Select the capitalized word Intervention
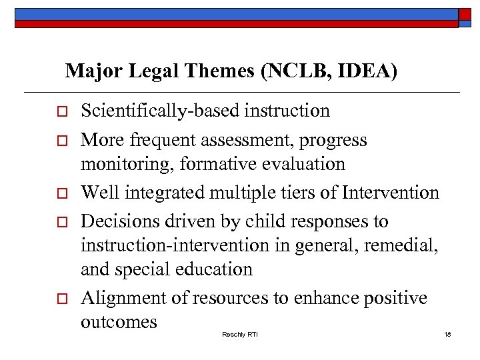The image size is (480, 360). [x=391, y=193]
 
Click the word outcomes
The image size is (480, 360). [x=119, y=322]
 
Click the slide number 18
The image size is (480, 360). [x=447, y=333]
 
